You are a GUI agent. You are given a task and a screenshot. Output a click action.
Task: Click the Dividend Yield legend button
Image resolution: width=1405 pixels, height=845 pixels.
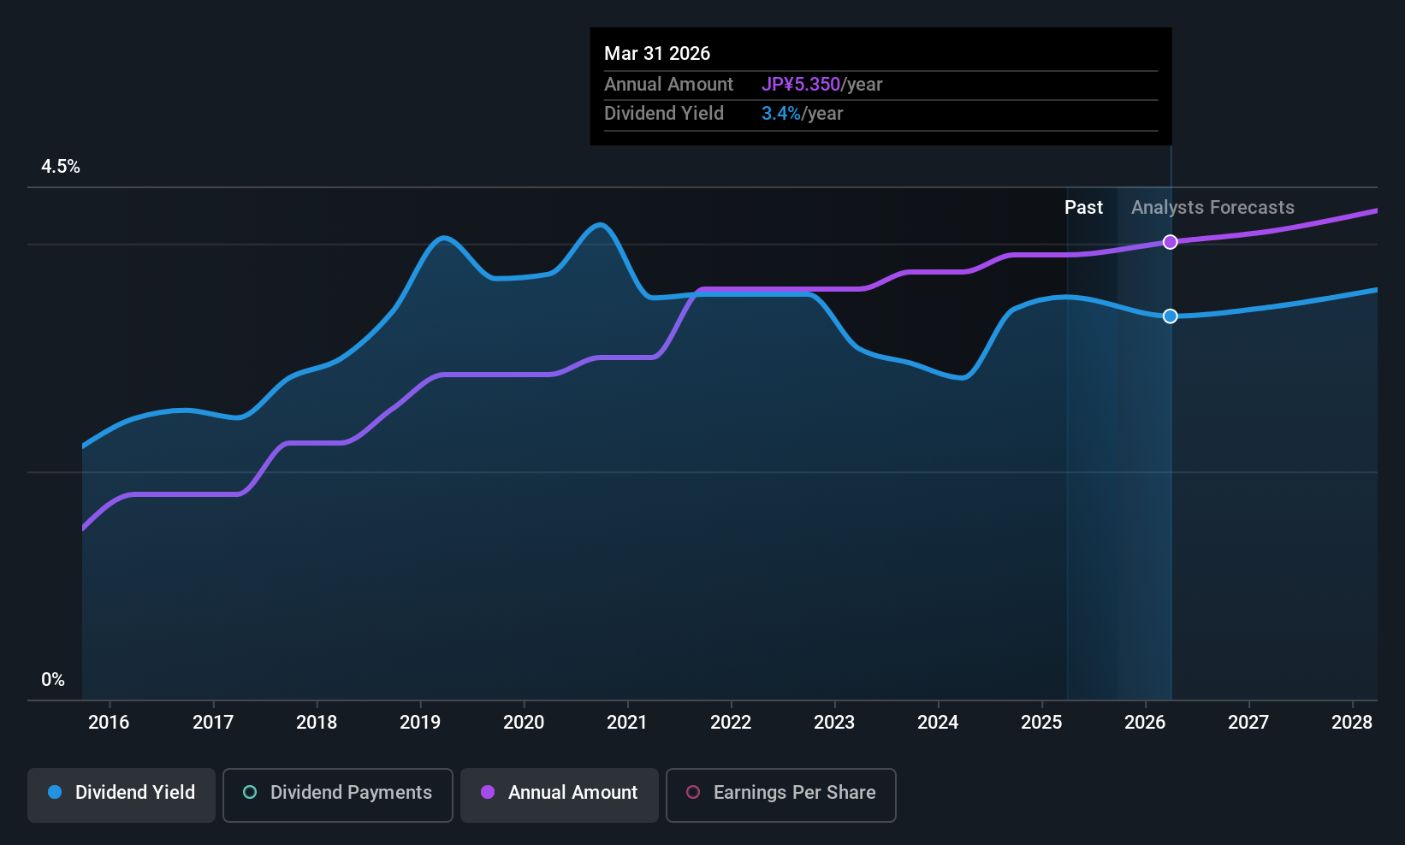pos(122,793)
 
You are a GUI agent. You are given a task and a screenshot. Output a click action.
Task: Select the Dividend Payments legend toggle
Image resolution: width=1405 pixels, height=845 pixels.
pos(338,793)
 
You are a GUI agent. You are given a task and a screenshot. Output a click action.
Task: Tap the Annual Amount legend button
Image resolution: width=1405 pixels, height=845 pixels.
pos(560,793)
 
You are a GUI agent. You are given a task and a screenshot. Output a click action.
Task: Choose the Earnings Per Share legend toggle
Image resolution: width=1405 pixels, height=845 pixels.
pos(780,793)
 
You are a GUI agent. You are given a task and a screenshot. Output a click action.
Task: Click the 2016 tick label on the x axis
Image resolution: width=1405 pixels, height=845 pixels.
pos(109,723)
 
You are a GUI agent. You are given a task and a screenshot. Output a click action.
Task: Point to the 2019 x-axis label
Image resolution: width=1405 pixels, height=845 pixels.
pos(420,723)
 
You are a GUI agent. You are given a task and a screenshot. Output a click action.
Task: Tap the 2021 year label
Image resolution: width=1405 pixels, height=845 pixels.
pos(627,723)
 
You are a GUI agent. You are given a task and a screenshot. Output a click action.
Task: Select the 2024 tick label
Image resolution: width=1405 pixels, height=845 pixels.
pos(938,723)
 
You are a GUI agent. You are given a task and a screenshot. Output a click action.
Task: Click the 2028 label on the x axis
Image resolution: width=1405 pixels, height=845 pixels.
pos(1352,723)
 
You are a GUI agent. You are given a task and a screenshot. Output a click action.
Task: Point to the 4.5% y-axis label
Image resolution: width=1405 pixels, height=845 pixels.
pos(61,167)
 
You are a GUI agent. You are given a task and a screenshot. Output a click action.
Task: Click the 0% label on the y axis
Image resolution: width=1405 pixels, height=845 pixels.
pos(53,680)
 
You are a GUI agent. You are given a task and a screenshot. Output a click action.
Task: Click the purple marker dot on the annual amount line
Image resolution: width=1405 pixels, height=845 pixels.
pos(1171,242)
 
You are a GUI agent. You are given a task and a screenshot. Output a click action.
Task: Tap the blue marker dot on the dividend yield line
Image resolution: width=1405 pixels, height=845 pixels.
pos(1171,316)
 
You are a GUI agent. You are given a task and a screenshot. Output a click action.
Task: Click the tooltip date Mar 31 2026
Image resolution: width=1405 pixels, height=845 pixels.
pos(657,54)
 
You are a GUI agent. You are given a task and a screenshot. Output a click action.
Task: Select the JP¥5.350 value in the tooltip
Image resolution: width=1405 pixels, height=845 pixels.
pos(801,85)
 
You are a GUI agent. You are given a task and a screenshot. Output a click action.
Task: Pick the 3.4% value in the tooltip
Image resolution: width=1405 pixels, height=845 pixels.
pos(781,114)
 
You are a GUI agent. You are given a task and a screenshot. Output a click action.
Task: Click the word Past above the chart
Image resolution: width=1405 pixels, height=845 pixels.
pos(1083,208)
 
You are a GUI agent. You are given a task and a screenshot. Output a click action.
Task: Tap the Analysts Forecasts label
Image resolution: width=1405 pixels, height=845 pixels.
pos(1212,208)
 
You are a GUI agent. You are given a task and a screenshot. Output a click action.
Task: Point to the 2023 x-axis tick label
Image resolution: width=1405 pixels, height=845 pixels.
pos(834,723)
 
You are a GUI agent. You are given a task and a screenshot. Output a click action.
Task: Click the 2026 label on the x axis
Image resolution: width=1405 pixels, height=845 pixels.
pos(1145,723)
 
